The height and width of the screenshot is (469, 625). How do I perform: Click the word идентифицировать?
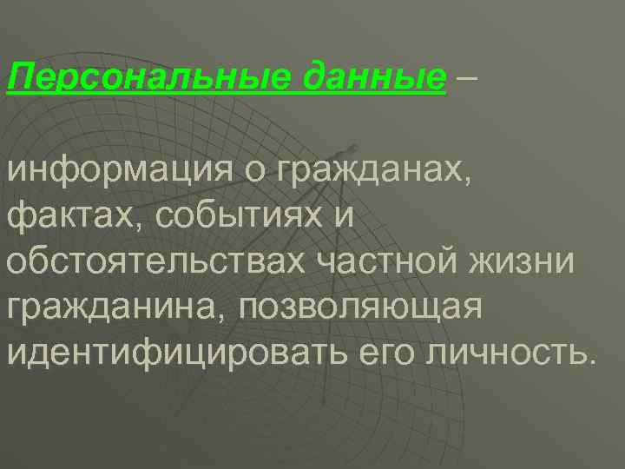179,353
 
